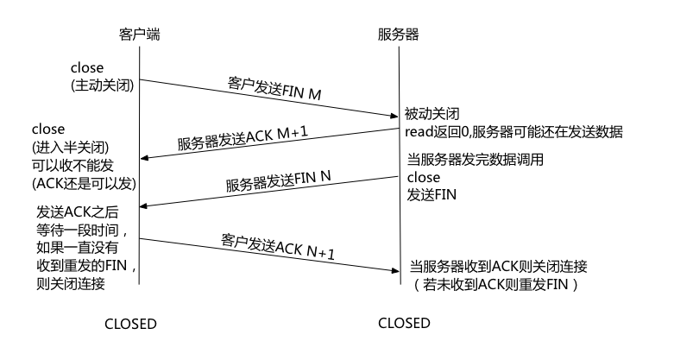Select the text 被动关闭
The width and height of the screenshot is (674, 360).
click(x=431, y=114)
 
